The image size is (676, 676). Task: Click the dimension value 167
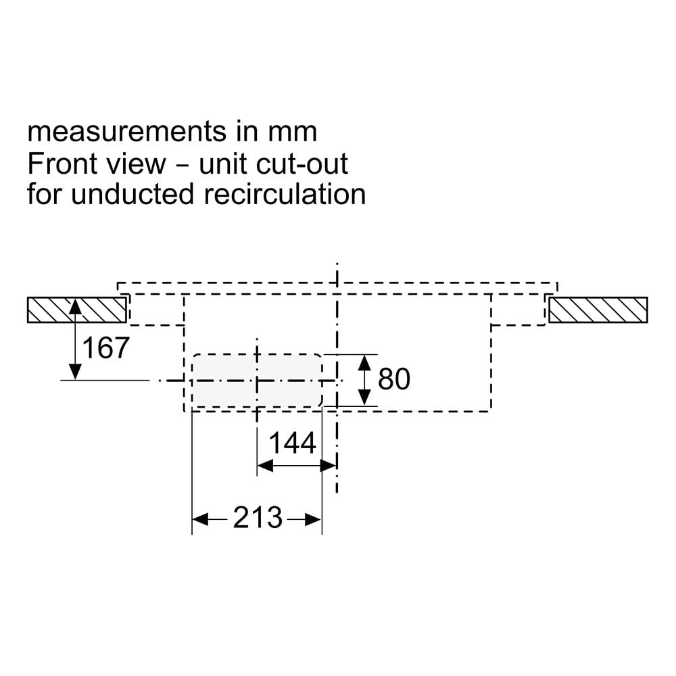pos(105,348)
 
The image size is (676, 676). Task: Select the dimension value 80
pos(394,379)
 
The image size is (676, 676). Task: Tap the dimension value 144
pos(293,443)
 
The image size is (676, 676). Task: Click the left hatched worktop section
pos(77,310)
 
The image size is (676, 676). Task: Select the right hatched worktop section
pos(598,310)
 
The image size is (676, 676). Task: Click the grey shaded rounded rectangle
pos(257,380)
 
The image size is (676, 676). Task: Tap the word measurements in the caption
pos(126,132)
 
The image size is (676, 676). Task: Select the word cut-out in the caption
pos(301,164)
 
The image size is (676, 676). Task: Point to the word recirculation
pos(285,195)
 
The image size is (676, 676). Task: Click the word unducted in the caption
pos(132,195)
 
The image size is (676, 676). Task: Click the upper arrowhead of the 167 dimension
pos(75,306)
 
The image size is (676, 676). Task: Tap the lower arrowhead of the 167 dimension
pos(75,372)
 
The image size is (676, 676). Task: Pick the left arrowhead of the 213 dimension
pos(201,519)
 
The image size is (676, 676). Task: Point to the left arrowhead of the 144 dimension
pos(265,466)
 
